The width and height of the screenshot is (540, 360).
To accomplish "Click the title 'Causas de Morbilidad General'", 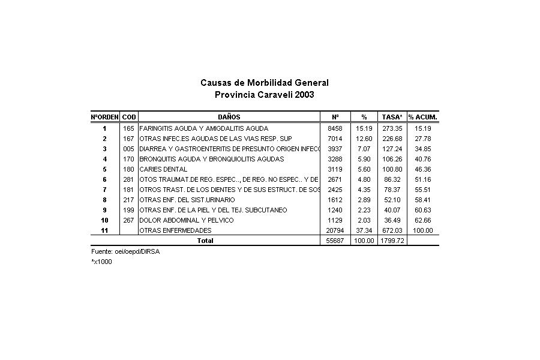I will tap(264, 83).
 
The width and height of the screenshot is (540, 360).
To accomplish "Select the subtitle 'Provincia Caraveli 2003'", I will tap(264, 95).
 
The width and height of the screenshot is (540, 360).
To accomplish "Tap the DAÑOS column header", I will tap(229, 116).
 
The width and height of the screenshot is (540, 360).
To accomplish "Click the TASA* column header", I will tap(392, 116).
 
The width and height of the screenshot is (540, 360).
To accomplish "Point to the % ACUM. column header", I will tap(422, 116).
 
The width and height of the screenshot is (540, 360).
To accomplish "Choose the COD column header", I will tap(128, 116).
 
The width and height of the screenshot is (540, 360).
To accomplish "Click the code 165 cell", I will tap(128, 128).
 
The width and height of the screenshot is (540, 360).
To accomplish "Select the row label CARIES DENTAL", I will tap(163, 169).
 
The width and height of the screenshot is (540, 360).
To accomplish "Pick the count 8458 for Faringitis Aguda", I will tap(335, 128).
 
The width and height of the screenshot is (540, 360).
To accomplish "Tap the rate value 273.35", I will tap(392, 128).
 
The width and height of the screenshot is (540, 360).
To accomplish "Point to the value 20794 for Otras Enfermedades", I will tap(335, 230).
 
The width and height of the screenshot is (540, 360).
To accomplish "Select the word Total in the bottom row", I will tap(205, 241).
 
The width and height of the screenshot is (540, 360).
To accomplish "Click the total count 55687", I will tap(335, 241).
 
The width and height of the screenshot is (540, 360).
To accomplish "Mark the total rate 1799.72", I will tap(392, 241).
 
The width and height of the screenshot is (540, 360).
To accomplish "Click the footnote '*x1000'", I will tap(101, 262).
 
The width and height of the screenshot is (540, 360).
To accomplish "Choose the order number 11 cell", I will tap(104, 230).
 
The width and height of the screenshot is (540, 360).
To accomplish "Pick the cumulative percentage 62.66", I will tap(422, 220).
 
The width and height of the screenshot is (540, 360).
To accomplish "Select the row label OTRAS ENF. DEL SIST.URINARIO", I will tap(187, 200).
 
